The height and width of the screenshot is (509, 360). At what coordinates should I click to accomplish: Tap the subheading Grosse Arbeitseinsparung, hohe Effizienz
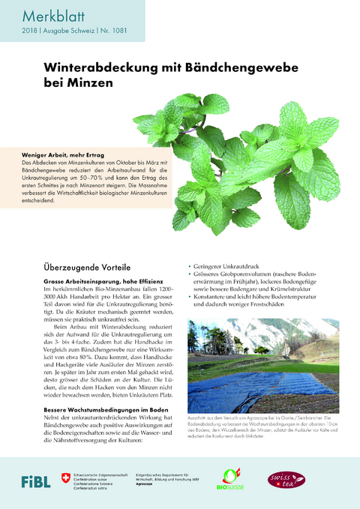point(97,280)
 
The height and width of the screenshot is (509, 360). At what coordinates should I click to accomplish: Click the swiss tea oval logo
point(286,478)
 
